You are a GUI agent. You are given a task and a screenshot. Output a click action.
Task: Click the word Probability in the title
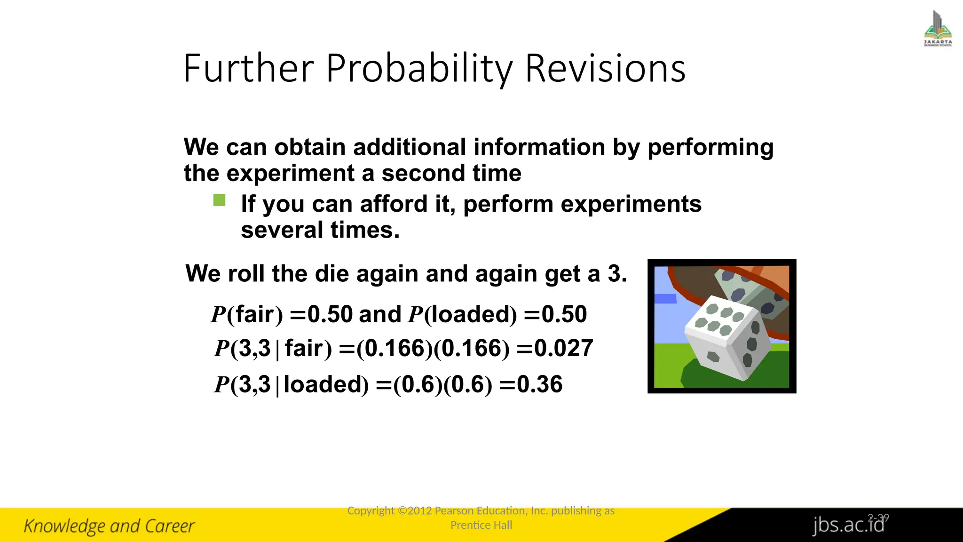[419, 69]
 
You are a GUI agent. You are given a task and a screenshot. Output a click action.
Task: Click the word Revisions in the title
[605, 69]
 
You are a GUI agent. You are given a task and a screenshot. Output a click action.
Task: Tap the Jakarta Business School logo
[938, 29]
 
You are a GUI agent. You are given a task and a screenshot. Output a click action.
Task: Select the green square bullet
[219, 200]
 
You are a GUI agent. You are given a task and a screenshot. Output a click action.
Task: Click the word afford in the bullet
[394, 204]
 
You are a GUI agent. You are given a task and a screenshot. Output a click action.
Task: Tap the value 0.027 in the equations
[563, 349]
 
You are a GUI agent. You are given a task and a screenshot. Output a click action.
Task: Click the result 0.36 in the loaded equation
[539, 384]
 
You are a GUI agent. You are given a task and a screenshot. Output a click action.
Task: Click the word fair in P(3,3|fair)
[304, 349]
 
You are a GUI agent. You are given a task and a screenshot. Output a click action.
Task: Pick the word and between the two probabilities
[380, 314]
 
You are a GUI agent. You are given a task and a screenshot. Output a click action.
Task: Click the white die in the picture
[726, 336]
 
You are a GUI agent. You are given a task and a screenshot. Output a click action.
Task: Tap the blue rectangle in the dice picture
[665, 299]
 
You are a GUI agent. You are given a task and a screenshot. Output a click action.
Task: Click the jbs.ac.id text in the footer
[848, 525]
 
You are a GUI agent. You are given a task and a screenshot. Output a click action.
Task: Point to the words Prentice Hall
[481, 525]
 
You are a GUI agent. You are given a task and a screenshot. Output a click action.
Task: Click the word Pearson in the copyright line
[454, 511]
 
